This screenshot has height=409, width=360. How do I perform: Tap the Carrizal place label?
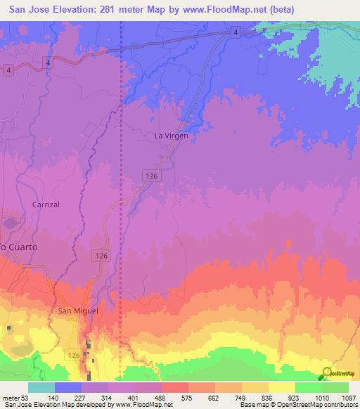coord(46,204)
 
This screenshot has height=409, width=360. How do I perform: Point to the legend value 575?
coord(187,398)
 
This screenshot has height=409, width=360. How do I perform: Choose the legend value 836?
coord(267,398)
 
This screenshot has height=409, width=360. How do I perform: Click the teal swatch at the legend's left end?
coord(41,387)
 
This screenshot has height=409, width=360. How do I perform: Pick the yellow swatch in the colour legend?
coord(281,387)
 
